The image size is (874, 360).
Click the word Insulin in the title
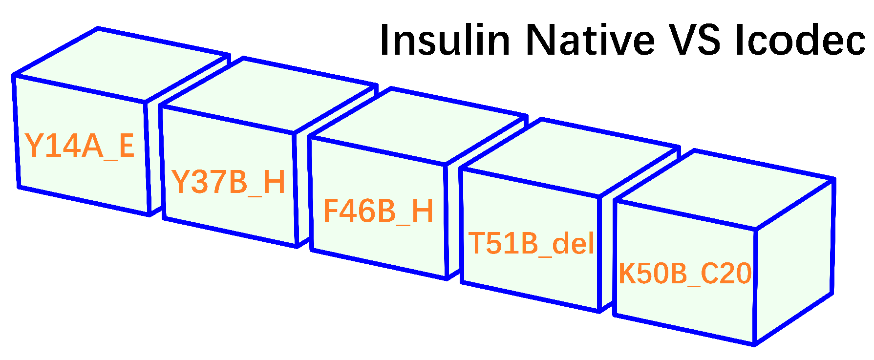445,40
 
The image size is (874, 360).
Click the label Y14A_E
80,145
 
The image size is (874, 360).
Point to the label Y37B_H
228,182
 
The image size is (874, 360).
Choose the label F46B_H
378,211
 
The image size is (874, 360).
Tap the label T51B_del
532,243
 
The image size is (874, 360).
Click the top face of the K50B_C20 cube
723,188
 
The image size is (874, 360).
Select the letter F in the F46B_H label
332,211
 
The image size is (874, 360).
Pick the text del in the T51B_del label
573,243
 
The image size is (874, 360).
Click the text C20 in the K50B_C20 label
726,273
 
